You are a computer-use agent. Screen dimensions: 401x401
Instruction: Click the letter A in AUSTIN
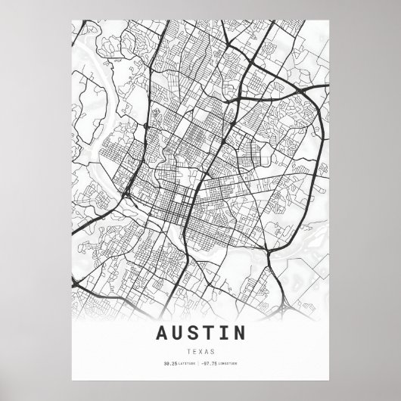click(x=162, y=332)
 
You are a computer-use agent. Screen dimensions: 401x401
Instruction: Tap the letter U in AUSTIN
click(x=179, y=332)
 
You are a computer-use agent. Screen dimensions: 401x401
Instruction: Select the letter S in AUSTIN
click(x=194, y=332)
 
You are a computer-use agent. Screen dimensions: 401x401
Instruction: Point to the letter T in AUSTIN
click(x=210, y=332)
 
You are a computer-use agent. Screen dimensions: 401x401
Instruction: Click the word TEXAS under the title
click(x=200, y=352)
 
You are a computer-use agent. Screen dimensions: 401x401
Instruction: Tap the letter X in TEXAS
click(x=200, y=352)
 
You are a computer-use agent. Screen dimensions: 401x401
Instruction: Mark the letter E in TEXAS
click(x=193, y=352)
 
